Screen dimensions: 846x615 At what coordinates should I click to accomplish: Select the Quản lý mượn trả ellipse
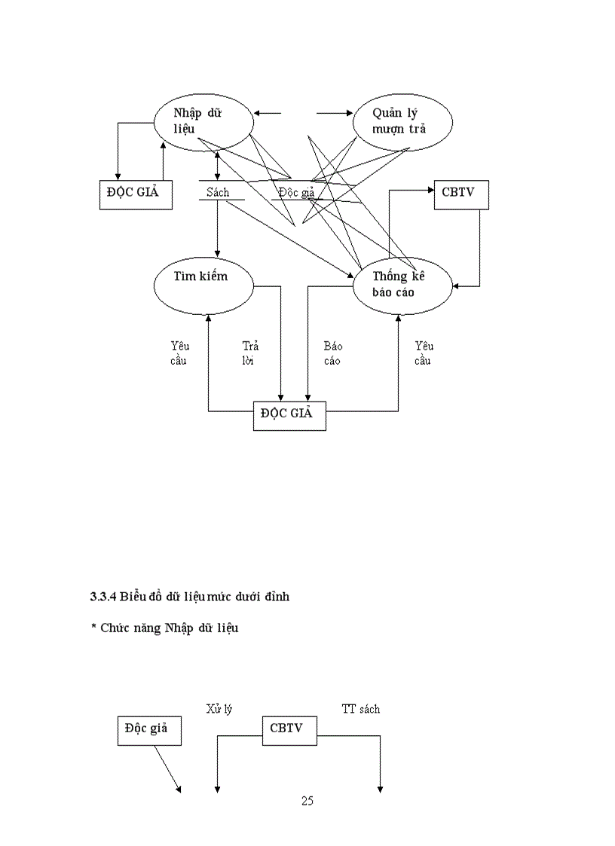pyautogui.click(x=402, y=121)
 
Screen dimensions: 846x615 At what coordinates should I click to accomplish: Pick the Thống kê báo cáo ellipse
pyautogui.click(x=402, y=285)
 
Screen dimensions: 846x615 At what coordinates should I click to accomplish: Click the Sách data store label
pyautogui.click(x=218, y=192)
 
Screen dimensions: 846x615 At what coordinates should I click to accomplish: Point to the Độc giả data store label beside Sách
pyautogui.click(x=295, y=192)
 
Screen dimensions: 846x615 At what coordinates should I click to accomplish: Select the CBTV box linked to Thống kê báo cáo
pyautogui.click(x=461, y=194)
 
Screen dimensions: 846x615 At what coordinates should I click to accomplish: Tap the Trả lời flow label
pyautogui.click(x=250, y=353)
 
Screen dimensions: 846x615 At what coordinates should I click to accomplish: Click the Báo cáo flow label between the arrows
pyautogui.click(x=332, y=353)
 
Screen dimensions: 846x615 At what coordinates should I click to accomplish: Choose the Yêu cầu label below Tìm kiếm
pyautogui.click(x=179, y=353)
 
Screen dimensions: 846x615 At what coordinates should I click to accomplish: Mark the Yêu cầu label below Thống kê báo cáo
pyautogui.click(x=424, y=353)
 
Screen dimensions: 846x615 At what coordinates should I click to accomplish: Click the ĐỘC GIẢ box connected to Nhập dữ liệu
pyautogui.click(x=136, y=194)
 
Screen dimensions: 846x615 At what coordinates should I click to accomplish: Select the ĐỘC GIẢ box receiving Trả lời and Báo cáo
pyautogui.click(x=289, y=415)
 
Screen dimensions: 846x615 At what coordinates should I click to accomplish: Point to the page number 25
pyautogui.click(x=307, y=801)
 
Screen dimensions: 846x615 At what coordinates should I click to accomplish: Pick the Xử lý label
pyautogui.click(x=219, y=709)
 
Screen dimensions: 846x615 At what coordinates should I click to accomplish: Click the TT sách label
pyautogui.click(x=361, y=709)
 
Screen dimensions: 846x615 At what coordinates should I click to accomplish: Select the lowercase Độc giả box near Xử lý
pyautogui.click(x=149, y=729)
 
